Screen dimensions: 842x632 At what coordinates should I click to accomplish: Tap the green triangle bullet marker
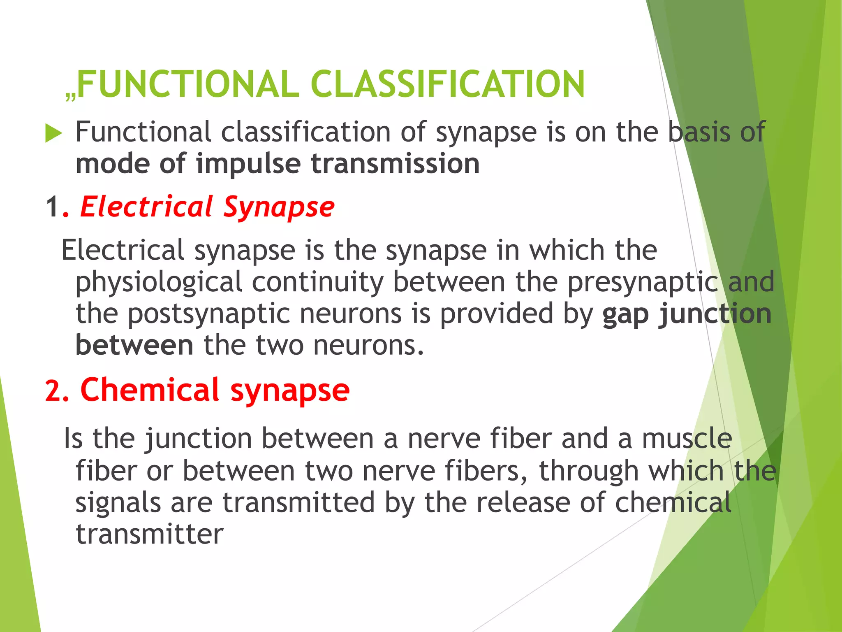click(x=53, y=133)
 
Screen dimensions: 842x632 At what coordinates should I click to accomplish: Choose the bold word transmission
click(x=395, y=164)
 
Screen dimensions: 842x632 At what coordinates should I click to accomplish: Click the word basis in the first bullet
click(x=699, y=132)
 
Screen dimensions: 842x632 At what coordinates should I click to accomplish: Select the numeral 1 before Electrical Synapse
click(x=52, y=207)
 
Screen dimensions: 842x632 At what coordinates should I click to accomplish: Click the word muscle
click(x=687, y=439)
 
